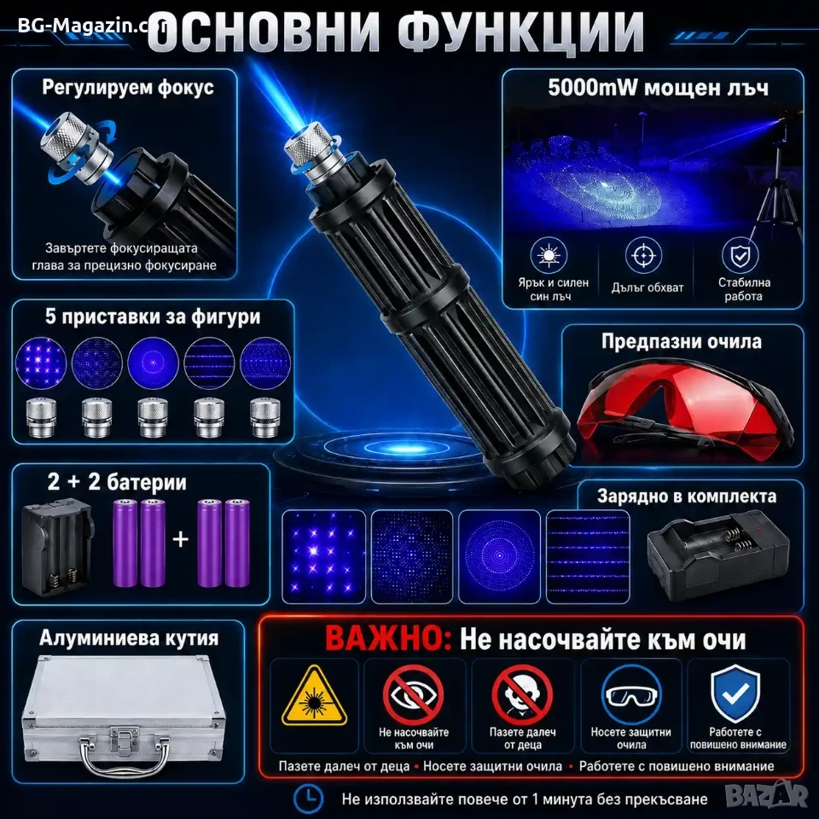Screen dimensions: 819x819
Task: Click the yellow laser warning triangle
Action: pyautogui.click(x=314, y=697)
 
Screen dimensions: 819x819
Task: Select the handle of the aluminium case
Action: pyautogui.click(x=125, y=757)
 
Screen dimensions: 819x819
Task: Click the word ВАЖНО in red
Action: pyautogui.click(x=388, y=639)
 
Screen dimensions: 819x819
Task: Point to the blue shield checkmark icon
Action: pyautogui.click(x=735, y=693)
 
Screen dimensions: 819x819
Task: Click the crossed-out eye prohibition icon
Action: pyautogui.click(x=413, y=694)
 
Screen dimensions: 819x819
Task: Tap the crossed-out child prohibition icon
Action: pyautogui.click(x=522, y=694)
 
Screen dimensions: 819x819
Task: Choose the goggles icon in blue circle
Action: pyautogui.click(x=631, y=694)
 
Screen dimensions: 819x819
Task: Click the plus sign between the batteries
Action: pyautogui.click(x=180, y=539)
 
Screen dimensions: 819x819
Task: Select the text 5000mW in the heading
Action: pyautogui.click(x=592, y=88)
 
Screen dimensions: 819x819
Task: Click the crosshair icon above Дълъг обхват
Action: pyautogui.click(x=643, y=255)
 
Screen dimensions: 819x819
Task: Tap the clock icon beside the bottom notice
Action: pyautogui.click(x=309, y=799)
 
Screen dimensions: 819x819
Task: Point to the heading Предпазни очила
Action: pyautogui.click(x=681, y=341)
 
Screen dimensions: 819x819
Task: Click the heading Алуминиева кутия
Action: pyautogui.click(x=129, y=638)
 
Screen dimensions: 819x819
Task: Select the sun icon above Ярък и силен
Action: pyautogui.click(x=549, y=255)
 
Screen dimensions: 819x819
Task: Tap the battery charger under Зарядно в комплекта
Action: pyautogui.click(x=718, y=553)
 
